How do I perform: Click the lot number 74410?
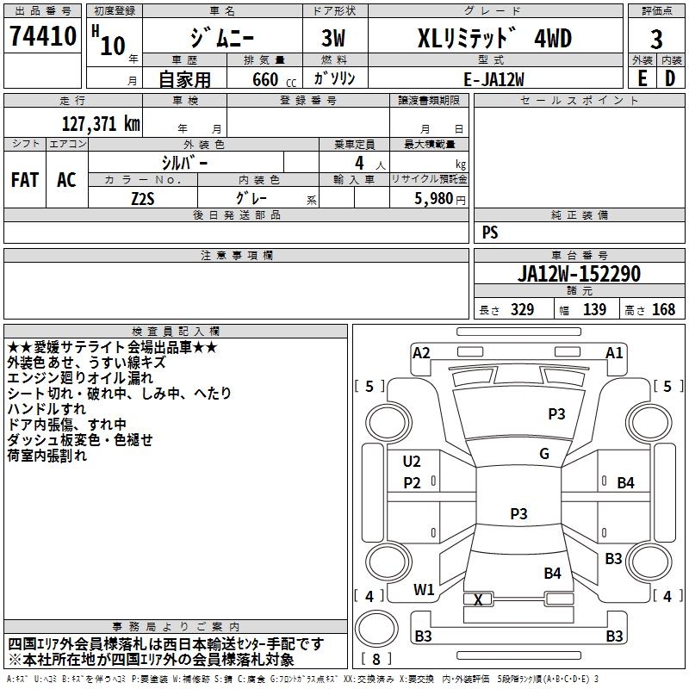pos(42,35)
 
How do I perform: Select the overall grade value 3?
pos(656,39)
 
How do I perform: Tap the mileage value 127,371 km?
pos(101,124)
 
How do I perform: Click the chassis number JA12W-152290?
pos(579,273)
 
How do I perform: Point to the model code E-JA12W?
pos(493,79)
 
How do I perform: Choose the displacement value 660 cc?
pos(274,80)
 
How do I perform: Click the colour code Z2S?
pos(143,199)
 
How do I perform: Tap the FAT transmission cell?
pos(25,180)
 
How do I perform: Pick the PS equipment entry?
pos(490,233)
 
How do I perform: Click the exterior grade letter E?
pos(642,78)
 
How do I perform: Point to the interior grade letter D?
pos(670,78)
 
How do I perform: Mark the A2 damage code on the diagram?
pos(421,353)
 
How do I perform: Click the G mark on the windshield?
pos(544,454)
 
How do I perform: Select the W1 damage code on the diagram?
pos(423,590)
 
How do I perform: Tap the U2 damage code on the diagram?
pos(412,462)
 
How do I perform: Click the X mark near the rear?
pos(478,599)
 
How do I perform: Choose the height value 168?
pos(663,309)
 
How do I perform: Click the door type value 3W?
pos(333,38)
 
